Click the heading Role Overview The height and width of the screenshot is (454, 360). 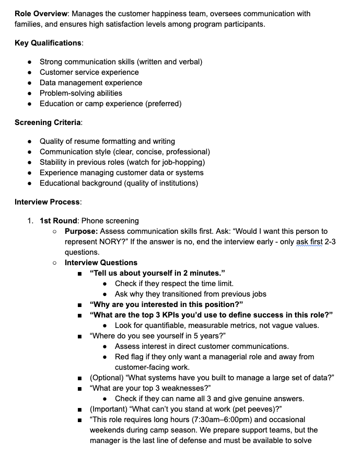(39, 12)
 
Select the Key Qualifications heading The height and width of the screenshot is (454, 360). (48, 43)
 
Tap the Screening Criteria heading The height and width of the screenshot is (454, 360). (48, 122)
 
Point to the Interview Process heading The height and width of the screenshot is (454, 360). (47, 202)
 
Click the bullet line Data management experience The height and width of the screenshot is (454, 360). (91, 83)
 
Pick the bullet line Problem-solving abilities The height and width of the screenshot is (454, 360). (81, 93)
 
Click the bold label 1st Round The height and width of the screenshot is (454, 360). (59, 221)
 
